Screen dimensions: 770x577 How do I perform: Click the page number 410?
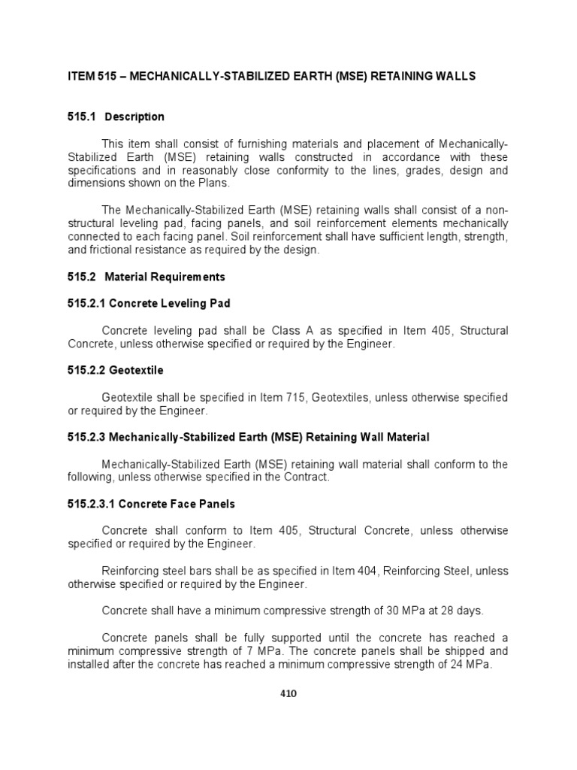(288, 693)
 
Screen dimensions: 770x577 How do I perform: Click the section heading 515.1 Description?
(116, 117)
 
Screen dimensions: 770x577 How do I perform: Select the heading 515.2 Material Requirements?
(146, 277)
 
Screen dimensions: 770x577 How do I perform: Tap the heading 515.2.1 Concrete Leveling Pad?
(149, 303)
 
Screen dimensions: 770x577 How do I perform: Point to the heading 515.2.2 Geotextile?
(115, 371)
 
